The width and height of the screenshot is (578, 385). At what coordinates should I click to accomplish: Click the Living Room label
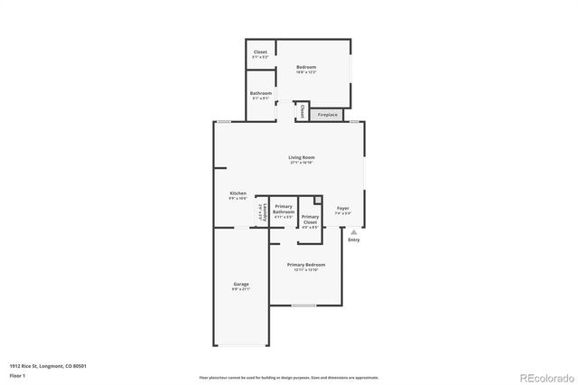(301, 158)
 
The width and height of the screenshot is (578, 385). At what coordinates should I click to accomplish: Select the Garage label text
(240, 285)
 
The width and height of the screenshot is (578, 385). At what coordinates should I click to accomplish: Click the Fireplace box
(328, 115)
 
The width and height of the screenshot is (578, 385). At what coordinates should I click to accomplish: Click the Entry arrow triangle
(353, 231)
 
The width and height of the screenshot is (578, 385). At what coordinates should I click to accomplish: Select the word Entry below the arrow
(353, 239)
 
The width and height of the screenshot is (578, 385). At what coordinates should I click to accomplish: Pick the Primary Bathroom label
(284, 210)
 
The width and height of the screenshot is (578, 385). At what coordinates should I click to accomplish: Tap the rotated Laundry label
(261, 214)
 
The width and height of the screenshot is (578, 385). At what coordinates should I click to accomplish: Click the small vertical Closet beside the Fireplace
(302, 112)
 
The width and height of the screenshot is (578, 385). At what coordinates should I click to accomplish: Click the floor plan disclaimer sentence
(288, 377)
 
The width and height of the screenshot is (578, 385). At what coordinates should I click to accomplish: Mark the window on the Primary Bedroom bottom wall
(303, 305)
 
